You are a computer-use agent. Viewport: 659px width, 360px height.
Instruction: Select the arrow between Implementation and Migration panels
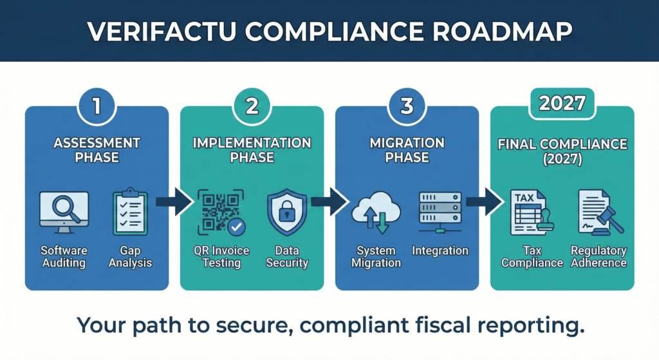tap(329, 202)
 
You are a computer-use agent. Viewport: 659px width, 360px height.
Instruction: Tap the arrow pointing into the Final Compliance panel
tap(484, 202)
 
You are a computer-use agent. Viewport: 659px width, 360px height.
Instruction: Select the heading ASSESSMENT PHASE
tap(97, 150)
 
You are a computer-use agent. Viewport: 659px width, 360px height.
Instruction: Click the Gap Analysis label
tap(130, 256)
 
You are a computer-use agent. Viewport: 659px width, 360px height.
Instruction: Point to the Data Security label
tap(287, 256)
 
